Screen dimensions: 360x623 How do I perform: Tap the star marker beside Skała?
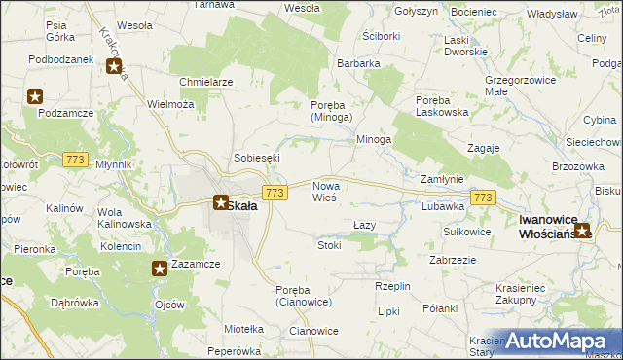coord(221,203)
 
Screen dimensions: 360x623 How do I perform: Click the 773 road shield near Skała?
coord(275,194)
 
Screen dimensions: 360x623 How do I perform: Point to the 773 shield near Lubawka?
coord(482,198)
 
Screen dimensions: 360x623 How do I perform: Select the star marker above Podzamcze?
coord(36,96)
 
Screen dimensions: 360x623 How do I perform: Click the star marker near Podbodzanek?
coord(115,68)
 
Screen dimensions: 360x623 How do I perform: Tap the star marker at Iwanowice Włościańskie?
coord(582,231)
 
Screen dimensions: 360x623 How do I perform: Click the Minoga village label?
coord(374,139)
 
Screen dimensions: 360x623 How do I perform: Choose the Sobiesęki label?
coord(257,157)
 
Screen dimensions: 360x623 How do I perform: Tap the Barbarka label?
coord(358,63)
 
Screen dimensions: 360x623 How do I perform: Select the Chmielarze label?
coord(205,82)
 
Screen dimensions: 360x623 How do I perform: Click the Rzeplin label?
coord(392,286)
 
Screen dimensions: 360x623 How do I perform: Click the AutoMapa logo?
coord(559,342)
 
